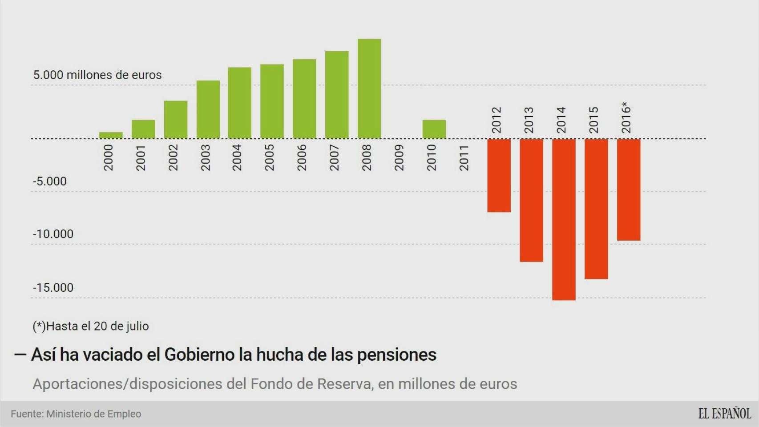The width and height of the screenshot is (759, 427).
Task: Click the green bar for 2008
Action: pos(369,89)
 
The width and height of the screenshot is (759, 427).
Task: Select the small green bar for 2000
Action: pos(111,135)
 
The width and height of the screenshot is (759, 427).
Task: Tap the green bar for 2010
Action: pos(434,129)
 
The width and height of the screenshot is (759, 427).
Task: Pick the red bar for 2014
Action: pos(564,219)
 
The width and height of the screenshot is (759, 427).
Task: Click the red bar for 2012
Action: pos(499,175)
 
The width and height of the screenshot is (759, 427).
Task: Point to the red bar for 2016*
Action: pos(629,189)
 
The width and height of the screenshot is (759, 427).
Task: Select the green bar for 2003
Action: pos(208,109)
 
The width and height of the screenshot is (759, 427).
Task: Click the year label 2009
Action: pos(399,157)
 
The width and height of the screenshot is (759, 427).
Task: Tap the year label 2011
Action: pos(464,157)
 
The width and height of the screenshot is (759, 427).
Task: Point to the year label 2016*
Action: pos(626,117)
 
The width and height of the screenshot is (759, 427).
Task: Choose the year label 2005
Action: pos(269,157)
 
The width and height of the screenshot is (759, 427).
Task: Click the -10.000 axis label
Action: pos(53,234)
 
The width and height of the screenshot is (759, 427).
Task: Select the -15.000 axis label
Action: pos(53,287)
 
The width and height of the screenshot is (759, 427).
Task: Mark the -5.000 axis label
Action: pos(49,181)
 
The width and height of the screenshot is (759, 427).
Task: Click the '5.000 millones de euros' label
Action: pos(97,75)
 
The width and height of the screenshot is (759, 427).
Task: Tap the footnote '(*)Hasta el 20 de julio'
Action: pos(90,326)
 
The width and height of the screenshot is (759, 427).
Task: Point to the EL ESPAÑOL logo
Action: pos(724,414)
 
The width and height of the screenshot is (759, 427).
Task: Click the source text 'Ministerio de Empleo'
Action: pos(93,414)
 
